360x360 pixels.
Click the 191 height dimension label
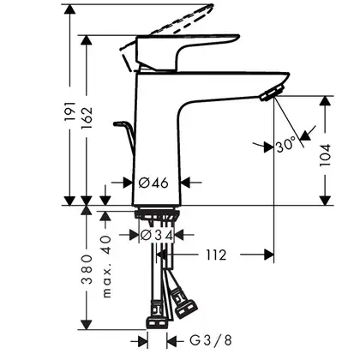click(70, 111)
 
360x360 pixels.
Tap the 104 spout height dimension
click(325, 155)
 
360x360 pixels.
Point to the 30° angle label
click(286, 145)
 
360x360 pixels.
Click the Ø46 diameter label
click(153, 183)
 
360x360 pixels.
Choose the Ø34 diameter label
click(157, 236)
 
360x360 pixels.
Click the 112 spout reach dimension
click(216, 255)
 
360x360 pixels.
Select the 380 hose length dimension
click(87, 269)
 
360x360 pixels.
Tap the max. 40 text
click(106, 267)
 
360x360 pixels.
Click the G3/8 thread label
click(211, 340)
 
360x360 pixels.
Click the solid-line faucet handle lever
click(187, 52)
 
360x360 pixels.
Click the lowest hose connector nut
click(157, 323)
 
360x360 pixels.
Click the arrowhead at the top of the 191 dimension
click(69, 9)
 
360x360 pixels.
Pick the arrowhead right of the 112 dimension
click(269, 255)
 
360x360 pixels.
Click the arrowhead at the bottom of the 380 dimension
click(87, 324)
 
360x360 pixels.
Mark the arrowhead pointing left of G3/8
click(171, 340)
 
